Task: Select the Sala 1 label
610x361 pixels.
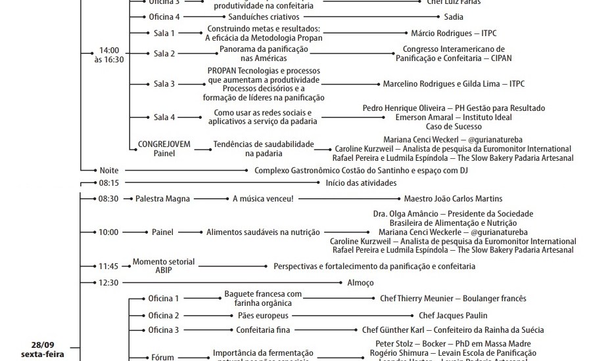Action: click(164, 33)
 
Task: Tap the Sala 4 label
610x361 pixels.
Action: click(164, 117)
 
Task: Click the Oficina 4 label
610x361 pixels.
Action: click(164, 16)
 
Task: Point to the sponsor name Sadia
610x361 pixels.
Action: click(453, 16)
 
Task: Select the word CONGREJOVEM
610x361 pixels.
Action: click(164, 144)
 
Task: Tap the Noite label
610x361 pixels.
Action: click(108, 171)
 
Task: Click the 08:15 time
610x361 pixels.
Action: click(108, 182)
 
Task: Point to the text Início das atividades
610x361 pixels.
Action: click(361, 182)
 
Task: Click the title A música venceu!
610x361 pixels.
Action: click(263, 199)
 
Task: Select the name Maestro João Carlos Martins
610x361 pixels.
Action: click(453, 199)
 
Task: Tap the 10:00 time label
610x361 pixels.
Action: click(108, 232)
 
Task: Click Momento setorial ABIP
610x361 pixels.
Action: click(164, 266)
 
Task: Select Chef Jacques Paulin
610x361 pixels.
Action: click(453, 316)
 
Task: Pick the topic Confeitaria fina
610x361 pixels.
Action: click(263, 330)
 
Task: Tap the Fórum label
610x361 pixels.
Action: click(163, 358)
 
